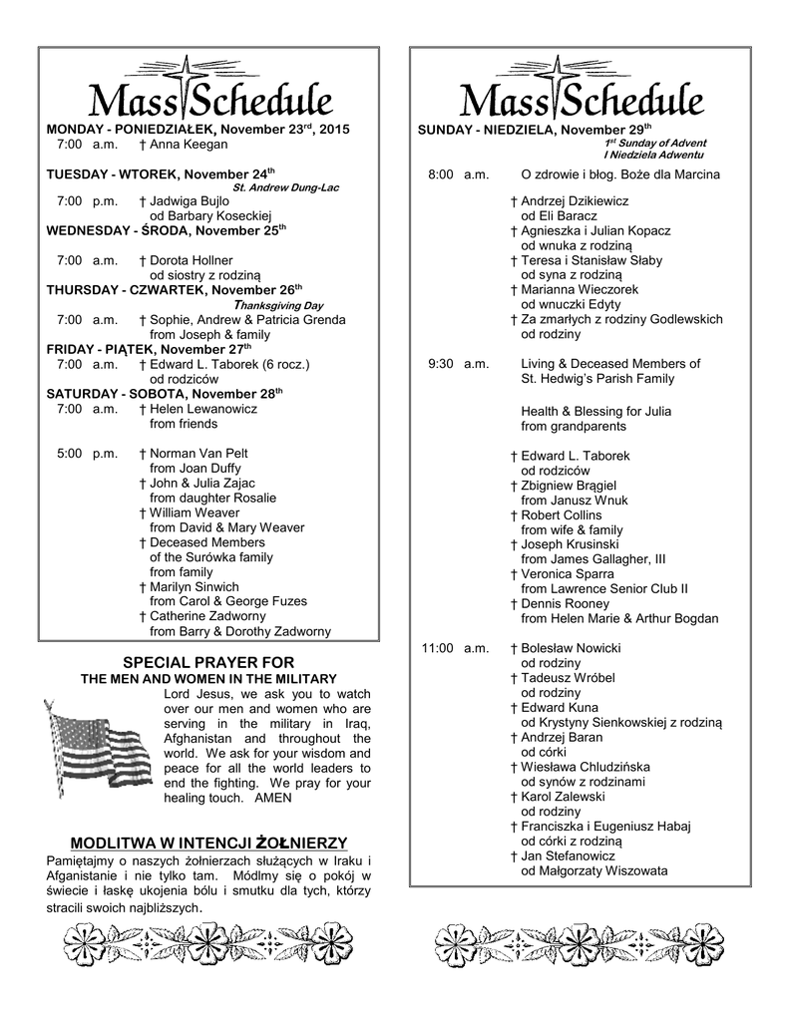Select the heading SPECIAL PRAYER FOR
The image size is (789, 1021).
click(x=207, y=662)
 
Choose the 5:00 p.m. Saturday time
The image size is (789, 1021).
click(x=87, y=453)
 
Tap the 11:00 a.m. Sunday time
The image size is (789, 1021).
click(x=455, y=648)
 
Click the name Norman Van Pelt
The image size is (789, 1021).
click(x=198, y=453)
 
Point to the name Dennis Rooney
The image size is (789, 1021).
click(x=565, y=603)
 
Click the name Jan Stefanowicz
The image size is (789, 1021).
click(x=568, y=855)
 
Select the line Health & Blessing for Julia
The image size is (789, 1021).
click(x=595, y=411)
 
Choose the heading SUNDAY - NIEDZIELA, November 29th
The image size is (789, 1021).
click(x=534, y=130)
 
